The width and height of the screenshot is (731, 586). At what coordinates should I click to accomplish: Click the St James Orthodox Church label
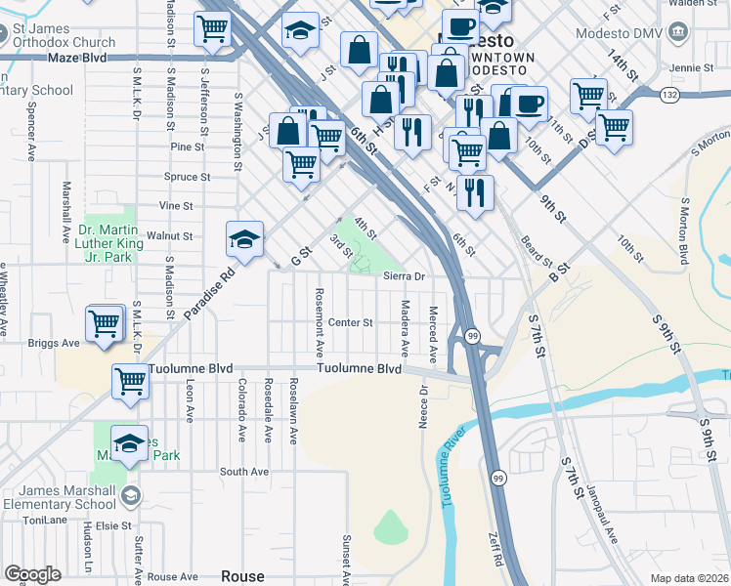(x=64, y=36)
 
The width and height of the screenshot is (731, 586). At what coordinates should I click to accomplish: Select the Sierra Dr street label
(x=405, y=276)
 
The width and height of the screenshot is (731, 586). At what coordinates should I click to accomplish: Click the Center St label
(x=351, y=322)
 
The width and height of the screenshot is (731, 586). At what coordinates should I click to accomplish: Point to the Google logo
(x=32, y=574)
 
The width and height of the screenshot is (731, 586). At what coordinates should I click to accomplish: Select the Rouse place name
(x=242, y=576)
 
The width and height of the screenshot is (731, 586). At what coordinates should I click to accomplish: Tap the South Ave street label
(x=243, y=471)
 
